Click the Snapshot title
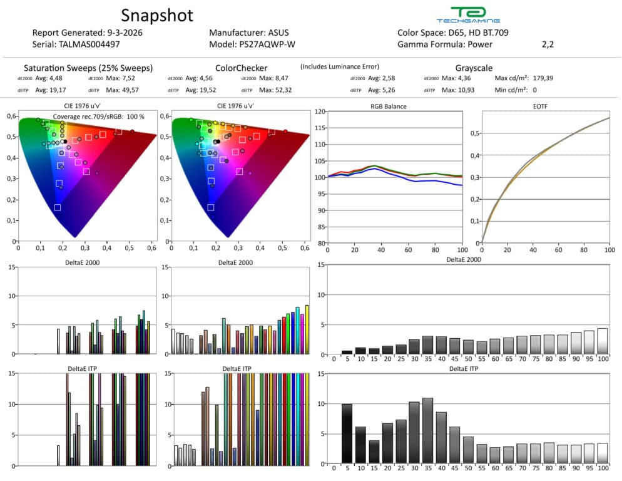coord(157,15)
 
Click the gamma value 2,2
coord(548,44)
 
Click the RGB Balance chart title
coord(389,106)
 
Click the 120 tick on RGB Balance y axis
coord(321,111)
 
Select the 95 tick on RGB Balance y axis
coord(322,194)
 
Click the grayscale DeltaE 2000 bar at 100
coord(603,341)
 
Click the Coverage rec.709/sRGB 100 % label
coord(98,116)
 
